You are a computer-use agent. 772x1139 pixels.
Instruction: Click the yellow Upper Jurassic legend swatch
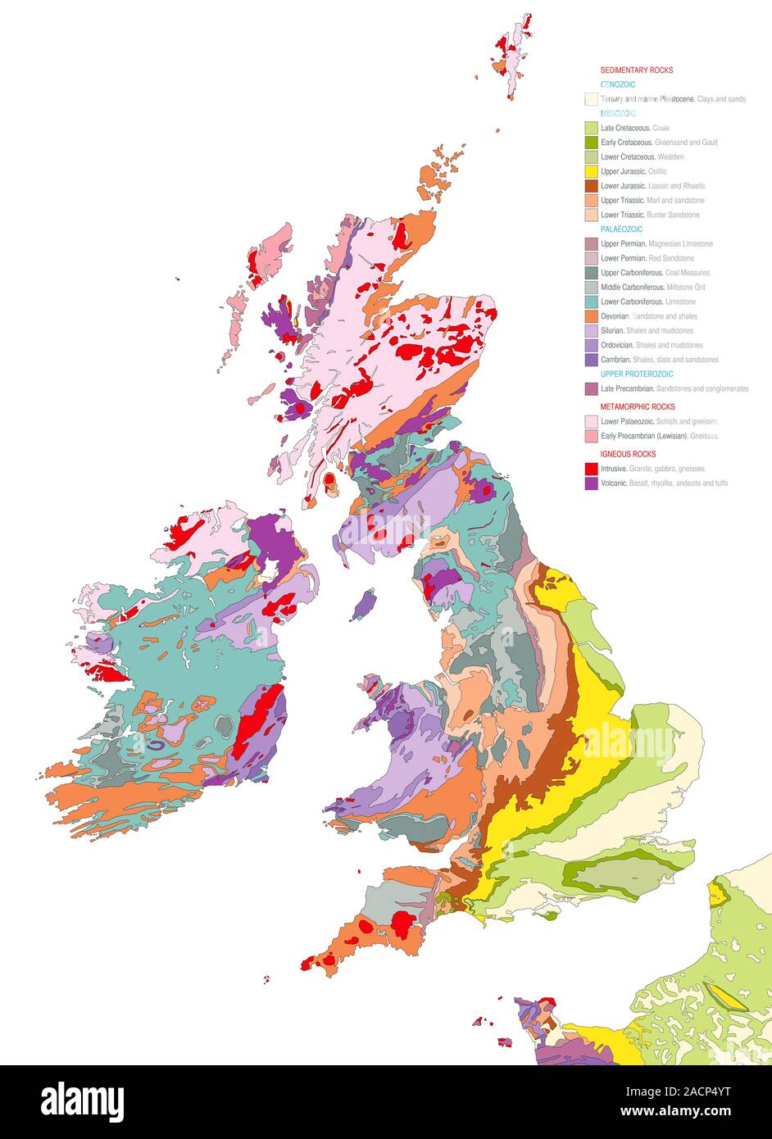[591, 171]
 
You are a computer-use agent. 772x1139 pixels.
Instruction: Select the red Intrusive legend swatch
[591, 469]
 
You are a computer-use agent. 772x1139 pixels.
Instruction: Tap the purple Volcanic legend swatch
[591, 483]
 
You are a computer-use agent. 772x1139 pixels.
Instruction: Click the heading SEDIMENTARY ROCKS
[636, 70]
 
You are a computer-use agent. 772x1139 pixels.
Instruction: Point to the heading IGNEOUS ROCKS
[628, 454]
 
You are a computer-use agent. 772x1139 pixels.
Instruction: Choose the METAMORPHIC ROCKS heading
[638, 406]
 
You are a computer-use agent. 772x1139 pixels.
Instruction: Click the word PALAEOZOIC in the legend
[621, 229]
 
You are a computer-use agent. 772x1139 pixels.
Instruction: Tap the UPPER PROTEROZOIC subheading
[637, 374]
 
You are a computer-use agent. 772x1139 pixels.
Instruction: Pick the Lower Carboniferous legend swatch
[591, 302]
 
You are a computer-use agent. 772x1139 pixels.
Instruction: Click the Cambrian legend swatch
[591, 359]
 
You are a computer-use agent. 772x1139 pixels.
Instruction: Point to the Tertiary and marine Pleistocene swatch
[591, 99]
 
